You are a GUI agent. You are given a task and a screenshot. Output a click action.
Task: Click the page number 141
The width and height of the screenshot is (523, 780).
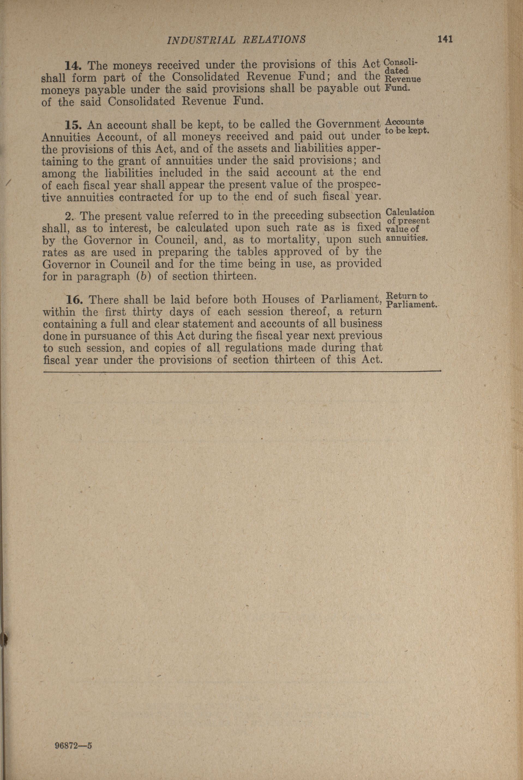(x=445, y=39)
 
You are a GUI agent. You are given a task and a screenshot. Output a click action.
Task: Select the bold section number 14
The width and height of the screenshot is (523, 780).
(x=72, y=65)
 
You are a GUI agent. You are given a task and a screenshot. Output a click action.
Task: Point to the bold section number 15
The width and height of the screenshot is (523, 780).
(x=73, y=126)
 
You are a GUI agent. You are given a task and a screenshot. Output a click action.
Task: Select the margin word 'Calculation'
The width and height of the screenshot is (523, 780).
(x=410, y=212)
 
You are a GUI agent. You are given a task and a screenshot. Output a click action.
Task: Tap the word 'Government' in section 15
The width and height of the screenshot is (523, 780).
(x=348, y=125)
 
